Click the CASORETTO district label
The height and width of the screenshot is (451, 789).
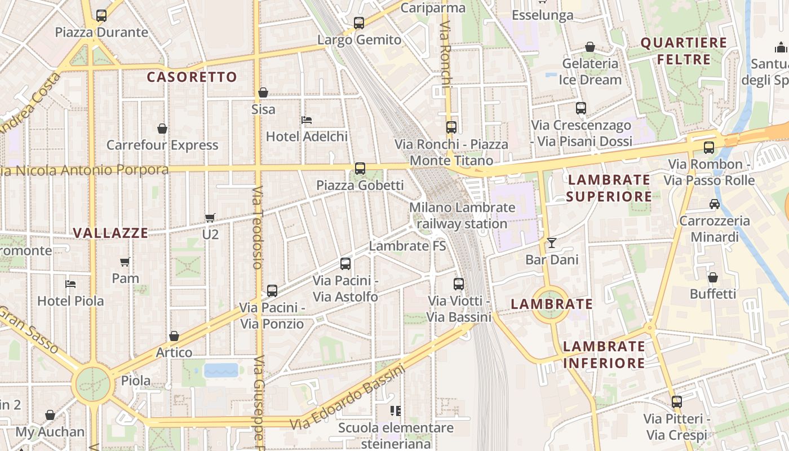tap(192, 77)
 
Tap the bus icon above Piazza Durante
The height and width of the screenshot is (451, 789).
tap(101, 16)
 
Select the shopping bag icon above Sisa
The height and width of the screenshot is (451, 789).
tap(263, 92)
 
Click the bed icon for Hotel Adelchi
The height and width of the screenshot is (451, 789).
tap(307, 120)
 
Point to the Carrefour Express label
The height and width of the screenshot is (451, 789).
tap(162, 145)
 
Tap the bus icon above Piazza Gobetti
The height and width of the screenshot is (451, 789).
tap(360, 169)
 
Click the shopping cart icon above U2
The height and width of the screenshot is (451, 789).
tap(210, 218)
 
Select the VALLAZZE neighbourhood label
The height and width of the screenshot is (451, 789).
tap(111, 233)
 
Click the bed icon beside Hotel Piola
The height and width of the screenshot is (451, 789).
tap(70, 284)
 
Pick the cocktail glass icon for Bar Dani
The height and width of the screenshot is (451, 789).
tap(551, 243)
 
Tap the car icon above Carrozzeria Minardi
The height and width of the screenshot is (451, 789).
tap(715, 204)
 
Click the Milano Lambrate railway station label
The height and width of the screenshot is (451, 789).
tap(462, 215)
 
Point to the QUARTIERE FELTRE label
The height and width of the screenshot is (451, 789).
tap(684, 51)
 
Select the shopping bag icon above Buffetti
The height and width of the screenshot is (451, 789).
tap(713, 277)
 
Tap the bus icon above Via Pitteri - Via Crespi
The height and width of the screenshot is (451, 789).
tap(676, 402)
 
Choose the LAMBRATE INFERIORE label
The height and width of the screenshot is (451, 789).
tap(604, 355)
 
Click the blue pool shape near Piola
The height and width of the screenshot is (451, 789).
tap(221, 370)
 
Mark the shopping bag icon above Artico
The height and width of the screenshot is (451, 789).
tap(174, 337)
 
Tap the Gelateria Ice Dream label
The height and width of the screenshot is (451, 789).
tap(590, 72)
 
